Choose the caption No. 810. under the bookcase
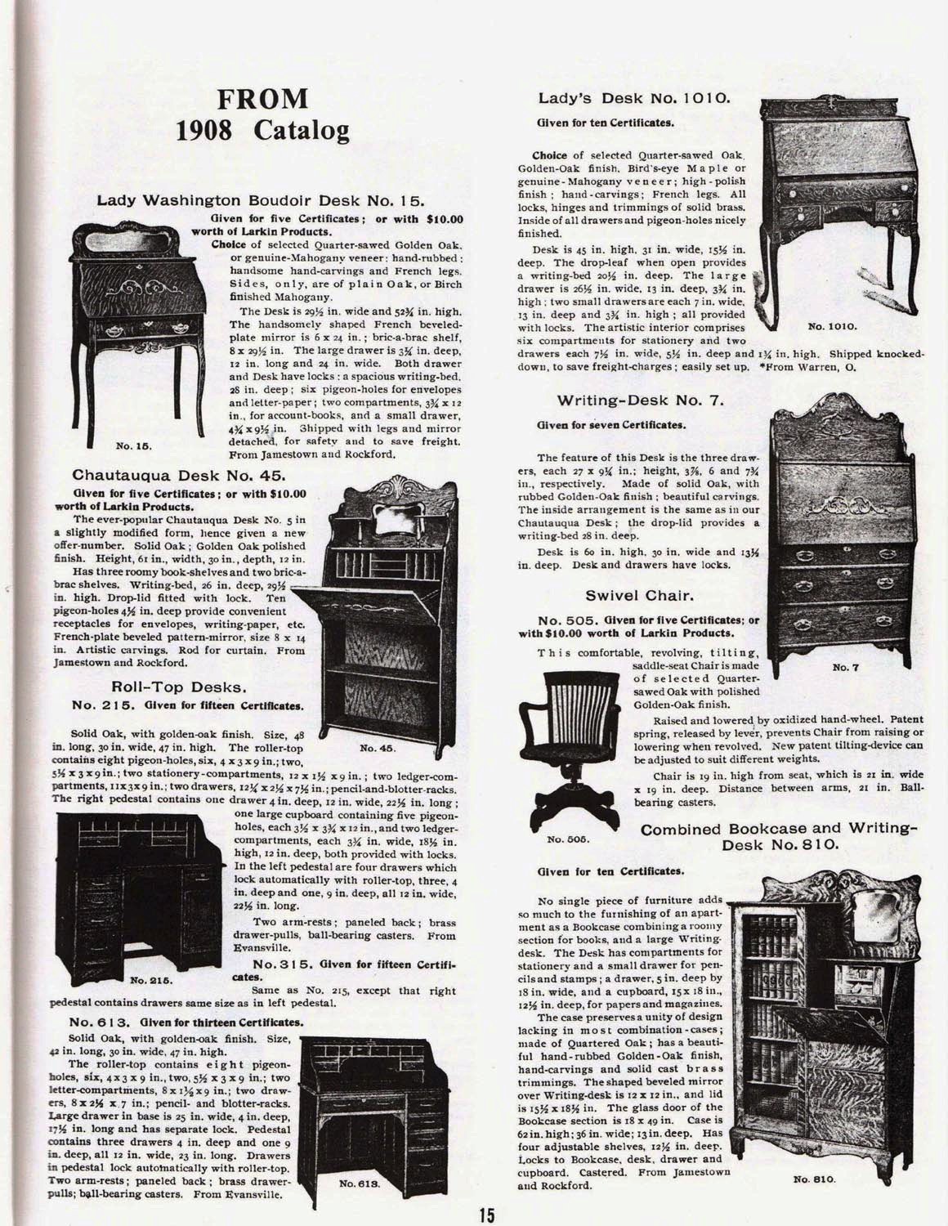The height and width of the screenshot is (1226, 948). tap(818, 1179)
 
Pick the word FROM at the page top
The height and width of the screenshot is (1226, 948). tap(262, 100)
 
